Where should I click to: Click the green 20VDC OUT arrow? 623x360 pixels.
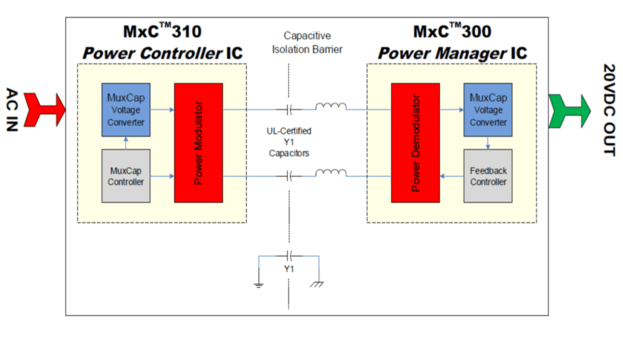tap(569, 111)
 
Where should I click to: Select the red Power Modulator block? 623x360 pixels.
tap(198, 143)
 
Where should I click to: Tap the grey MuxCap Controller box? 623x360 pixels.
tap(126, 176)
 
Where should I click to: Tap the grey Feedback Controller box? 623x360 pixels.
tap(488, 176)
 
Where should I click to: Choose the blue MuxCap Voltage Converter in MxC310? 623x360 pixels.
tap(126, 110)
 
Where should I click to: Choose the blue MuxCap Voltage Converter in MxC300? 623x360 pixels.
tap(488, 110)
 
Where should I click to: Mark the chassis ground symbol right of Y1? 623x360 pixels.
tap(318, 284)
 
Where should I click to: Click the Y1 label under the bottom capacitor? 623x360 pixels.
tap(289, 269)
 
